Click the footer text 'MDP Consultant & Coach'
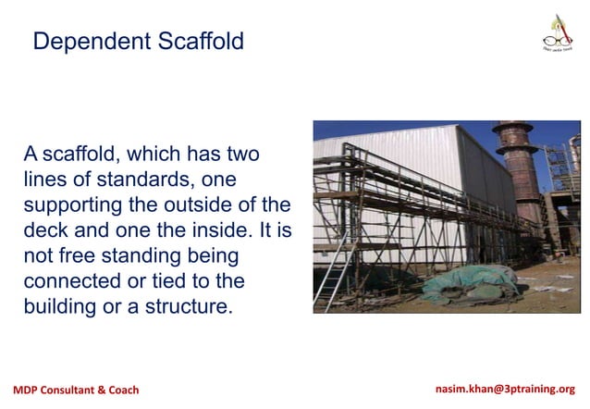tap(76, 390)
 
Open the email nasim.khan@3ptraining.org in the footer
tap(504, 390)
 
